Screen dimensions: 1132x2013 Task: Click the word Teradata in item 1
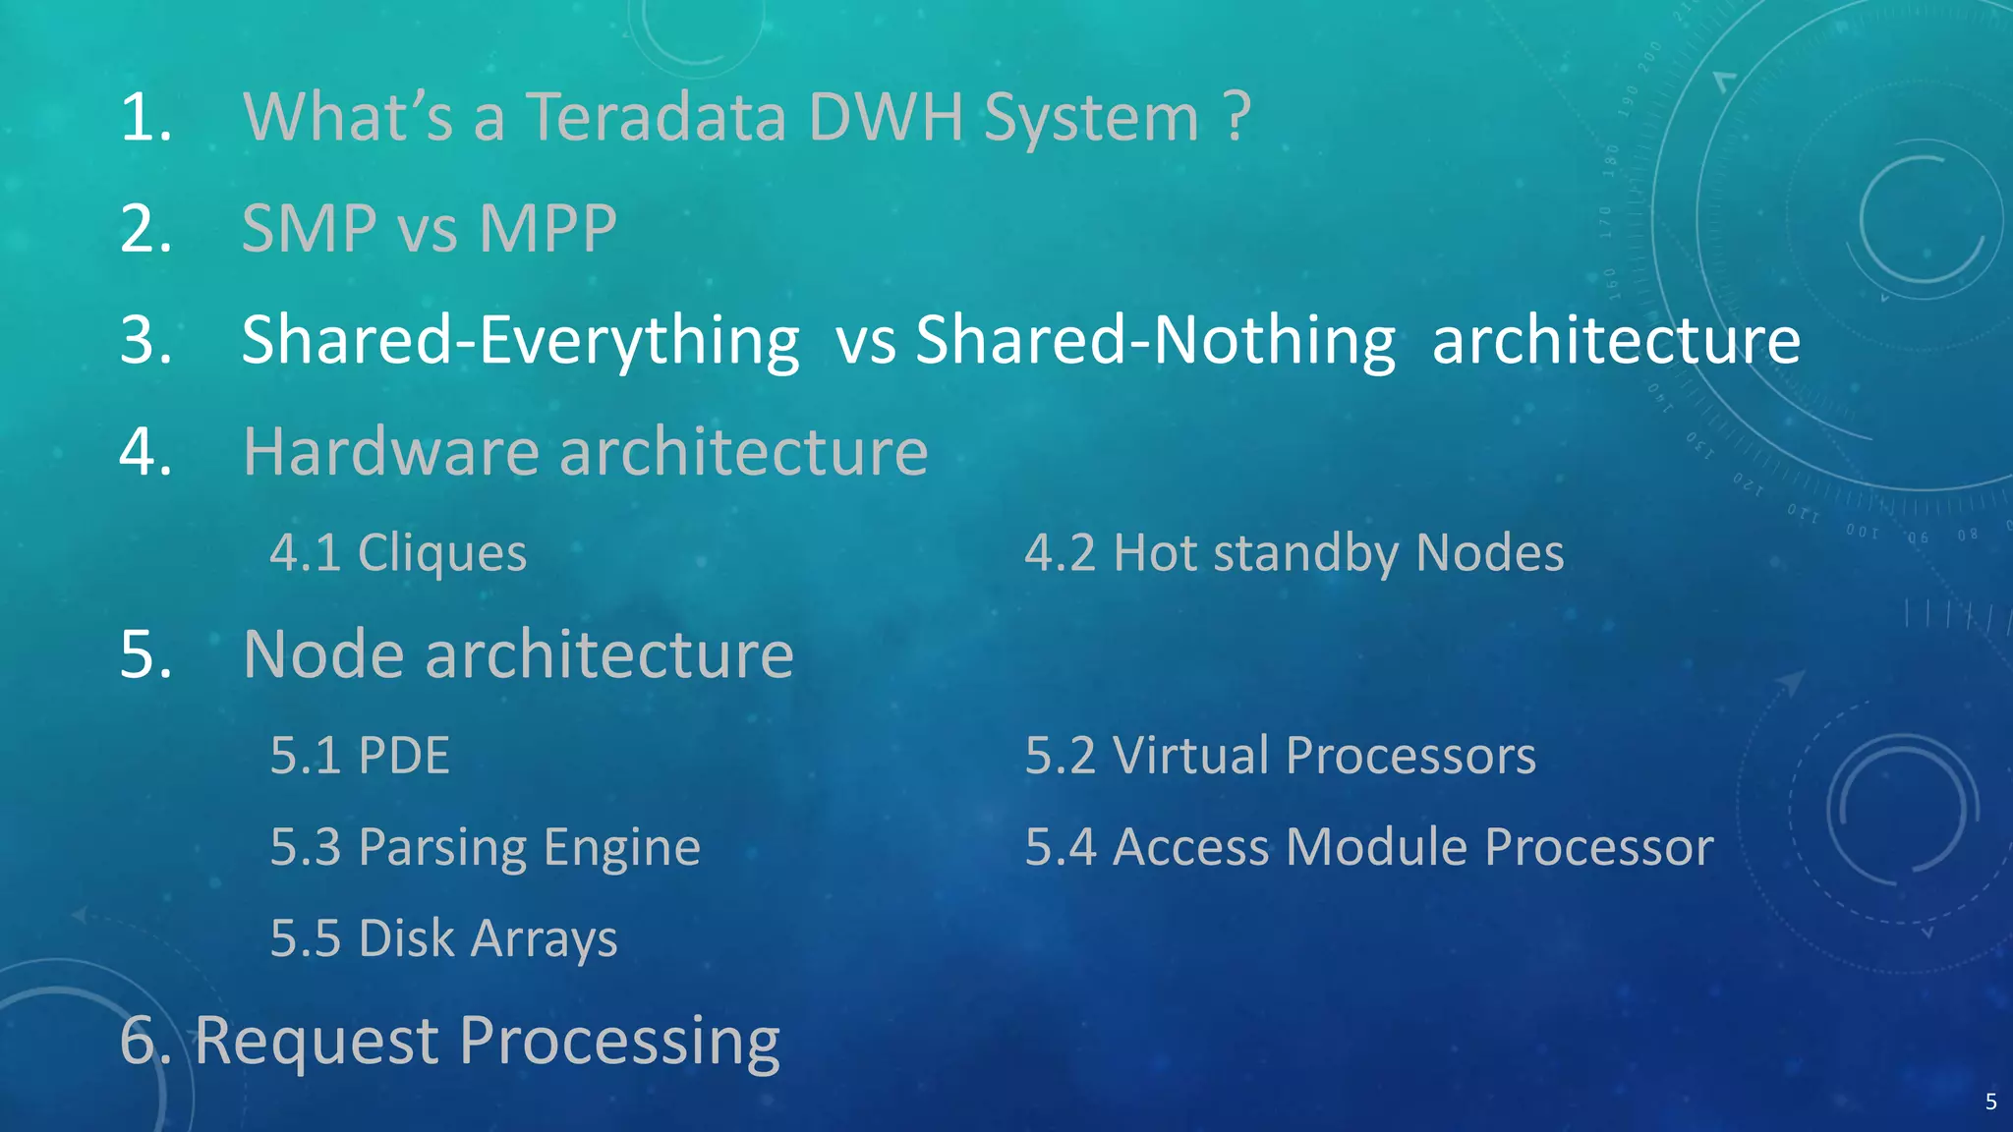pyautogui.click(x=655, y=117)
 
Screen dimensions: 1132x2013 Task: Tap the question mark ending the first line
pyautogui.click(x=1237, y=117)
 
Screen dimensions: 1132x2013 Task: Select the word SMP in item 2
pyautogui.click(x=309, y=229)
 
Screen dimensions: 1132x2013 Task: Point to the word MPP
pyautogui.click(x=547, y=229)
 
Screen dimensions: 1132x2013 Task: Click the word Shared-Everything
pyautogui.click(x=520, y=341)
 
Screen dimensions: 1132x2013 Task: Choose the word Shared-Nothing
pyautogui.click(x=1155, y=341)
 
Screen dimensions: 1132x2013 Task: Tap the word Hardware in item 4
pyautogui.click(x=390, y=452)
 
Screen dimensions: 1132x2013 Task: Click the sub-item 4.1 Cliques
pyautogui.click(x=398, y=552)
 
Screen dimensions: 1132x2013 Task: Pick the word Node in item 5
pyautogui.click(x=322, y=654)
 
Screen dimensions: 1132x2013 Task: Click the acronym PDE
pyautogui.click(x=403, y=756)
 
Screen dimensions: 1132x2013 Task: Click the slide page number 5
pyautogui.click(x=1990, y=1102)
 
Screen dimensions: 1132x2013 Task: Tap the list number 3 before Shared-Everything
pyautogui.click(x=144, y=341)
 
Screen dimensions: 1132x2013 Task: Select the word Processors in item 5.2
pyautogui.click(x=1409, y=756)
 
